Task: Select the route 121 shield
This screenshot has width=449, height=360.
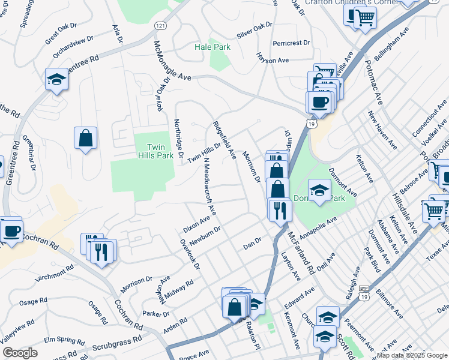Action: (x=160, y=26)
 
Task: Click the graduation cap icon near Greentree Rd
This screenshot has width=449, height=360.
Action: (x=56, y=80)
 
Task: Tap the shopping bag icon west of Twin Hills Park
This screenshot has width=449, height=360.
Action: (x=86, y=137)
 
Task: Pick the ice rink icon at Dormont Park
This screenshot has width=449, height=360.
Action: (x=319, y=190)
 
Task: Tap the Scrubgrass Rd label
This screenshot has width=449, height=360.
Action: (x=116, y=344)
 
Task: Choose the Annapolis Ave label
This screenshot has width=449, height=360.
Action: (x=319, y=227)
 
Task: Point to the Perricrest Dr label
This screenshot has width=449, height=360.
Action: (x=291, y=43)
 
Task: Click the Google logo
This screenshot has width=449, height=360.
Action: (x=20, y=352)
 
